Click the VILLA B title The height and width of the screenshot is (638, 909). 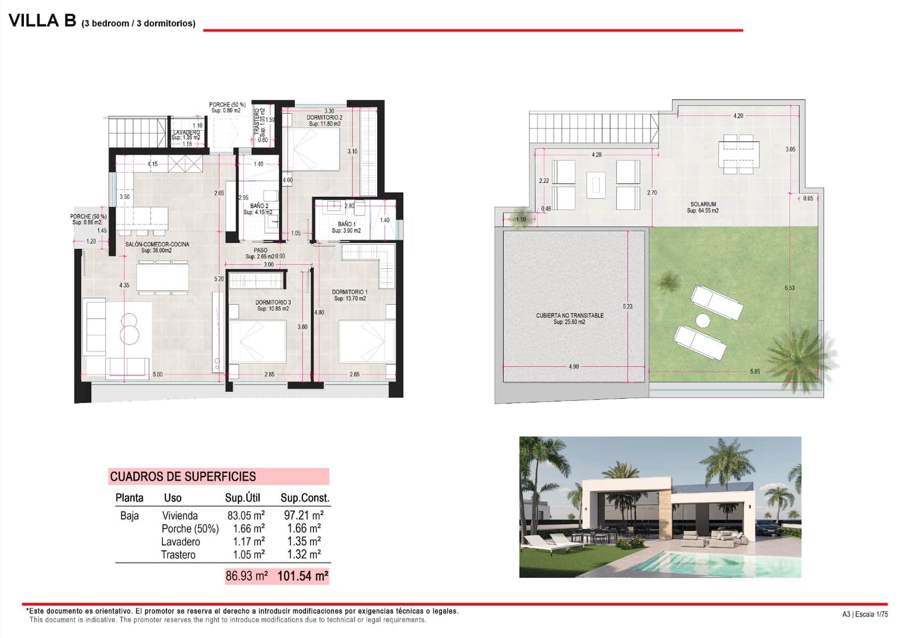(43, 20)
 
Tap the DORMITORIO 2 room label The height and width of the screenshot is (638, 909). (324, 118)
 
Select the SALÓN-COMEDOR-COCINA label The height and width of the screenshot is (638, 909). (157, 245)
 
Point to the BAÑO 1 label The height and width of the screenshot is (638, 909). (347, 225)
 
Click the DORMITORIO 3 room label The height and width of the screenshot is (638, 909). (273, 303)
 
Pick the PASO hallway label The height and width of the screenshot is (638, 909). (261, 250)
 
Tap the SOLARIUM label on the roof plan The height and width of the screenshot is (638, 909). (703, 204)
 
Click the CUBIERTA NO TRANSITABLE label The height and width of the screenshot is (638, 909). (570, 316)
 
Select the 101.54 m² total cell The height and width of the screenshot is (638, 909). (302, 576)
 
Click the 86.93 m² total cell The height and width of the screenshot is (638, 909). (247, 576)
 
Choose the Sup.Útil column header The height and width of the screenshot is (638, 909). (243, 498)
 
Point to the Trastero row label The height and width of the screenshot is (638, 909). (178, 555)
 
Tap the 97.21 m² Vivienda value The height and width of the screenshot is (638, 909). (303, 516)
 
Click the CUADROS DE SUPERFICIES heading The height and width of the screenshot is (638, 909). (183, 477)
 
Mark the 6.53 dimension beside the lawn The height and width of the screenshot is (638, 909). (790, 288)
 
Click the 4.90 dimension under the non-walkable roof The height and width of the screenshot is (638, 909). (574, 367)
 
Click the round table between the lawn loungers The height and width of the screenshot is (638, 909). (703, 321)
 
